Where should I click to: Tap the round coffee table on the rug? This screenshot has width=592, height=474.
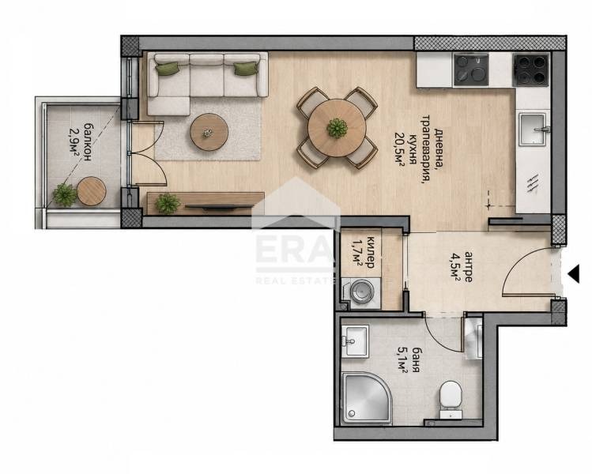(x=209, y=133)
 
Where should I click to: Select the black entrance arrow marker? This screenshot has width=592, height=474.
(x=574, y=273)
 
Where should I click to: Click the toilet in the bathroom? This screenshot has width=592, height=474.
(x=451, y=398)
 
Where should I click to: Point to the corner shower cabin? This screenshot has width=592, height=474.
(x=365, y=398)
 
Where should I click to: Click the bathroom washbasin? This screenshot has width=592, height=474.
(x=355, y=341)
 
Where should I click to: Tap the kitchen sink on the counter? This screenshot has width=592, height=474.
(x=533, y=129)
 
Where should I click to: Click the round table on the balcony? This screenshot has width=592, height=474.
(x=92, y=191)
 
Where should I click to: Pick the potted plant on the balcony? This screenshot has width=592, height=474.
(x=65, y=195)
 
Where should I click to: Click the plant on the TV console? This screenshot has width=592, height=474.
(x=168, y=203)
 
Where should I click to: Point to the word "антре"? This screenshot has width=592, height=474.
(x=468, y=267)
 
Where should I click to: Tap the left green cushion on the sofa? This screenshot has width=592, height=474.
(x=168, y=68)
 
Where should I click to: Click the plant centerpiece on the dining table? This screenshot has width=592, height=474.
(x=337, y=128)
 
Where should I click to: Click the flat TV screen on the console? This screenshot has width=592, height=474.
(x=219, y=207)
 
